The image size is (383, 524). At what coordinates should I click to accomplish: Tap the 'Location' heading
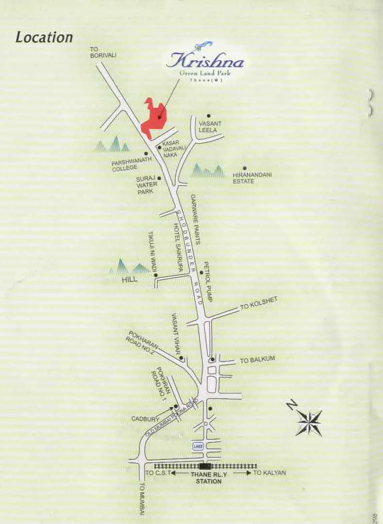point(44,37)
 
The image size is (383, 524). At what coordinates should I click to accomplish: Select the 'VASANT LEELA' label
point(210,127)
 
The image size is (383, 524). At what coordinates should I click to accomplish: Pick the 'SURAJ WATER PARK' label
point(145,185)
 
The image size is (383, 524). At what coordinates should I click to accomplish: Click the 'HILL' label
point(130,280)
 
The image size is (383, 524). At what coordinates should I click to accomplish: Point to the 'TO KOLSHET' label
point(259,304)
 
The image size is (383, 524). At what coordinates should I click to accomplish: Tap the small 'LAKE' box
point(198,446)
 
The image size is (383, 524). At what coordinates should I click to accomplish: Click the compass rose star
point(309,422)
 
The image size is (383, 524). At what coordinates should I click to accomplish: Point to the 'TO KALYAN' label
point(269,473)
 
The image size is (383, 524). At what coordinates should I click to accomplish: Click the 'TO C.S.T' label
point(158,473)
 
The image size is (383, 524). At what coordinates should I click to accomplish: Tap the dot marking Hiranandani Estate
point(245,168)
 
